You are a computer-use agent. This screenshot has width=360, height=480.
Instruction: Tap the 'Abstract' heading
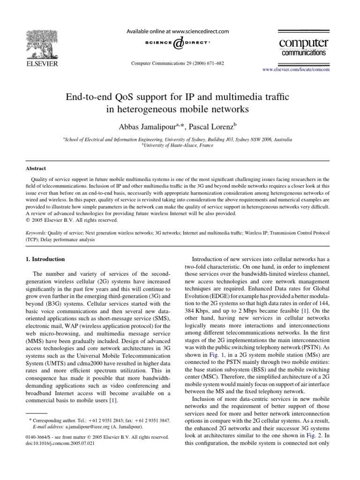point(35,168)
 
